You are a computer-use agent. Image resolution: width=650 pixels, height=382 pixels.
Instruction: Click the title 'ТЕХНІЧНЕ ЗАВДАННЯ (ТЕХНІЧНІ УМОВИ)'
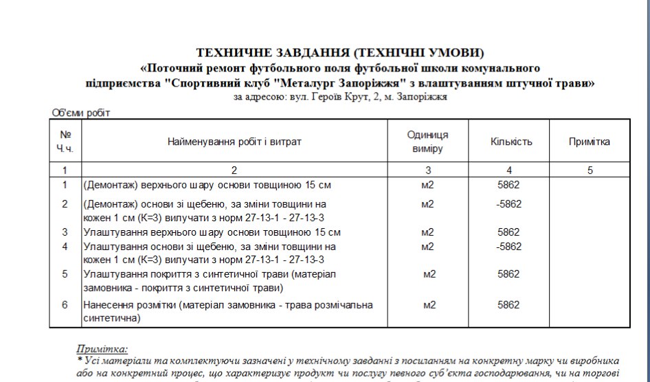(340, 53)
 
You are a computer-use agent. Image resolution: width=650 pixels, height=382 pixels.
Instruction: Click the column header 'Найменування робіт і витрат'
(234, 142)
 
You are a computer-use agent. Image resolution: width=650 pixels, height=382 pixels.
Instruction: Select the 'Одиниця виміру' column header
(427, 142)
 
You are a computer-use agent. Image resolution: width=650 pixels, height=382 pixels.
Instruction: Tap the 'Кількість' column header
(511, 142)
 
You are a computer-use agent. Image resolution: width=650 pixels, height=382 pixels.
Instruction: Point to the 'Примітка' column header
(590, 142)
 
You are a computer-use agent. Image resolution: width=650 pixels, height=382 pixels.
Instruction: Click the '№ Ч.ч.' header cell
(65, 142)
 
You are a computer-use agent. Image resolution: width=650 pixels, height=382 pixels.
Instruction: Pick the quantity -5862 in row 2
(508, 204)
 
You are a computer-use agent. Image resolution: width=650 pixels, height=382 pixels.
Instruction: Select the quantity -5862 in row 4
(508, 246)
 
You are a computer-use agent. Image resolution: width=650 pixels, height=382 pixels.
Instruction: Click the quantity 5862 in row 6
(508, 304)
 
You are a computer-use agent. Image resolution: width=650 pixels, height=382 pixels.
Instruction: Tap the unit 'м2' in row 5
(429, 274)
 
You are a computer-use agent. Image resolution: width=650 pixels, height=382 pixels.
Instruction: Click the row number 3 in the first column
(65, 232)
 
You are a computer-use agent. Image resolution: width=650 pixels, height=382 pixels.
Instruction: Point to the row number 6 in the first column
(65, 304)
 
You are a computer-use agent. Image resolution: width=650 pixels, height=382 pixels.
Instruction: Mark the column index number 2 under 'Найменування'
(234, 170)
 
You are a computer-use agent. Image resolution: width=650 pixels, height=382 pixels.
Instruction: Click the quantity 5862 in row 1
(508, 185)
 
